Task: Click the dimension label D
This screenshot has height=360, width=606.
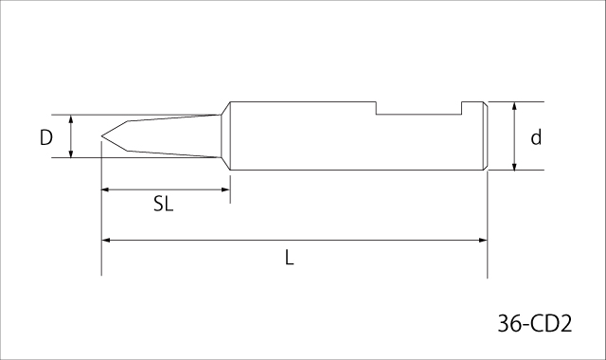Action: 45,137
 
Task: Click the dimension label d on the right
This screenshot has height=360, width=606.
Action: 536,137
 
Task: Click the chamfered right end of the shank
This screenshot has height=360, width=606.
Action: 485,136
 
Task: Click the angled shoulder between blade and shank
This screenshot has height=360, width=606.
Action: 226,136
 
